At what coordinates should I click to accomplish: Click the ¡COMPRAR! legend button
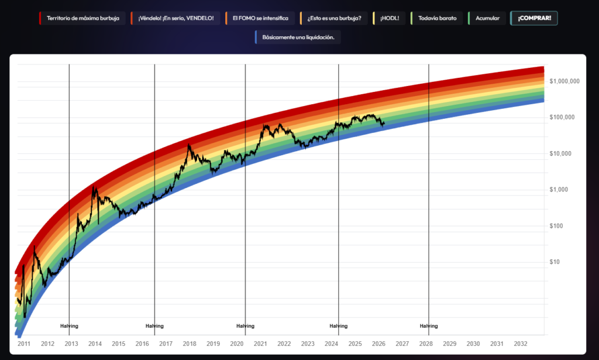click(x=534, y=18)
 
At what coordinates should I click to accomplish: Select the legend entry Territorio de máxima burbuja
click(x=82, y=18)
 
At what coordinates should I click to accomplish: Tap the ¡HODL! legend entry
click(x=389, y=18)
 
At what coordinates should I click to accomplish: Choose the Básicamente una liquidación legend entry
click(x=298, y=37)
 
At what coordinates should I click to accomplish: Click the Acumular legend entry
click(x=487, y=18)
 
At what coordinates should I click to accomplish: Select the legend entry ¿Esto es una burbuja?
click(x=334, y=18)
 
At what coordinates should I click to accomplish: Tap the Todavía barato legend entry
click(x=437, y=18)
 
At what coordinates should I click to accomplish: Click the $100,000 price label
click(x=562, y=118)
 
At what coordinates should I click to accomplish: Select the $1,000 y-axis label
click(x=559, y=190)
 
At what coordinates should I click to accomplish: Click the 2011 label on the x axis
click(x=24, y=344)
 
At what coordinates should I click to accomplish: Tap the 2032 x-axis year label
click(x=520, y=344)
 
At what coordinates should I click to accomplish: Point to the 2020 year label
click(x=237, y=344)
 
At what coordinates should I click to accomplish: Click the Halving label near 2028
click(x=429, y=326)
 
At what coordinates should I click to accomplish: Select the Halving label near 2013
click(x=69, y=326)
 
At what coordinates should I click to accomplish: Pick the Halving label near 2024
click(x=338, y=326)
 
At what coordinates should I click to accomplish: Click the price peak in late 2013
click(x=94, y=187)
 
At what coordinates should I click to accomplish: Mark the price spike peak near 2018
click(x=189, y=145)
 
